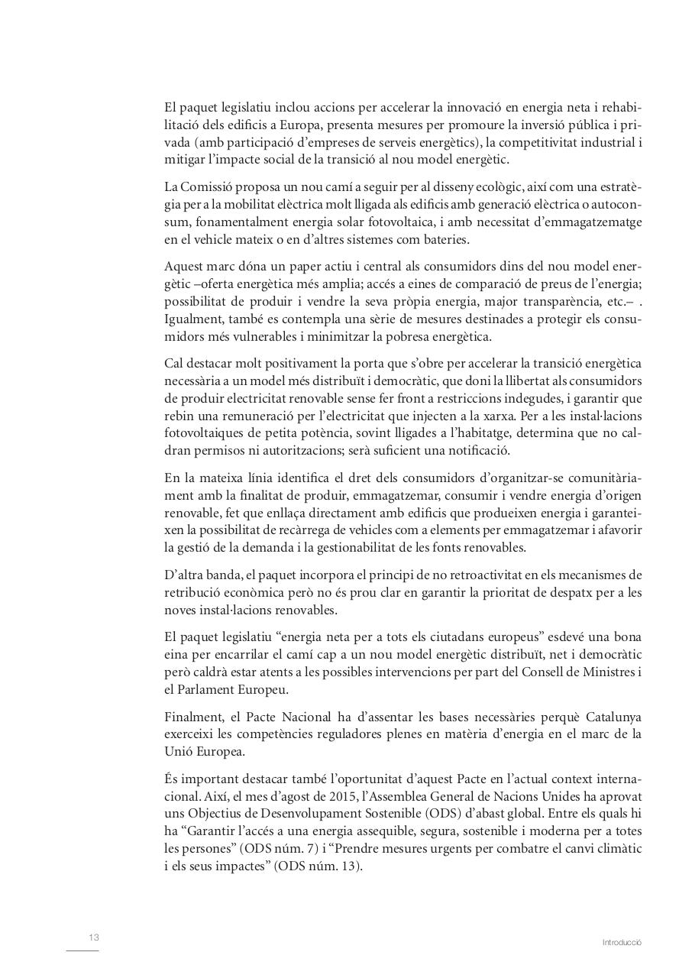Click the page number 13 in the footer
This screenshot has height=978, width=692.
[94, 938]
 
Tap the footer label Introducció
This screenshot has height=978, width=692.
[622, 943]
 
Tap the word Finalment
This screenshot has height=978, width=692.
[193, 717]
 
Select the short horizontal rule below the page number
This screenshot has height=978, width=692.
[82, 951]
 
